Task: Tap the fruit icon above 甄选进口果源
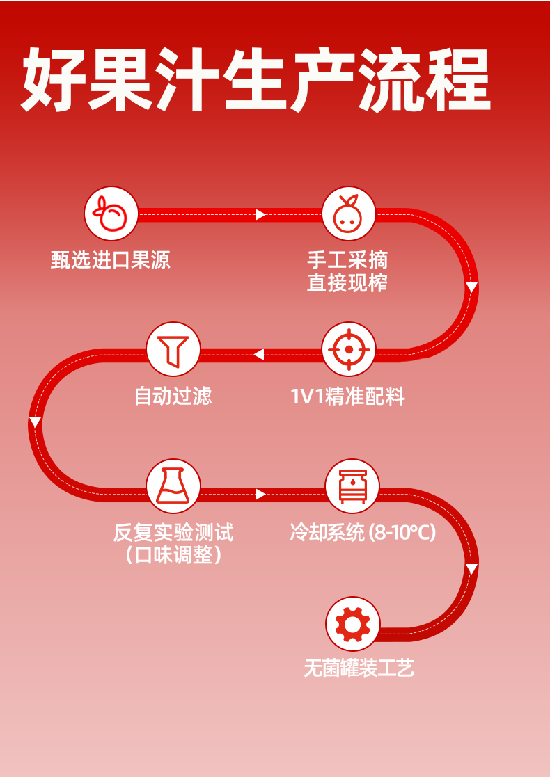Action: (x=111, y=213)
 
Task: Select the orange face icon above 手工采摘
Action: (x=348, y=213)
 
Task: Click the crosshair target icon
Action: (x=348, y=349)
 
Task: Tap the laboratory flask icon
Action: (x=173, y=486)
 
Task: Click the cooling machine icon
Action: (x=352, y=486)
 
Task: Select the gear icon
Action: (x=352, y=624)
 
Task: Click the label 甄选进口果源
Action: (x=111, y=260)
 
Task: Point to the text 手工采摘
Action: (x=347, y=260)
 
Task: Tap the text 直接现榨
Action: (x=347, y=283)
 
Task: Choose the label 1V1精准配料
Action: (x=347, y=396)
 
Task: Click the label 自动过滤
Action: (x=173, y=396)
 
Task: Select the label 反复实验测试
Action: (x=173, y=534)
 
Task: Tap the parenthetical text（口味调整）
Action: (x=173, y=556)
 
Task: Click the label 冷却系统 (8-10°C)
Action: (x=363, y=534)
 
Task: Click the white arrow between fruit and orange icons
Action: (x=261, y=214)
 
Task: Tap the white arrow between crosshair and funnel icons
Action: (x=258, y=355)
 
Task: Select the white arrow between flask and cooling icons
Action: (x=261, y=494)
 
